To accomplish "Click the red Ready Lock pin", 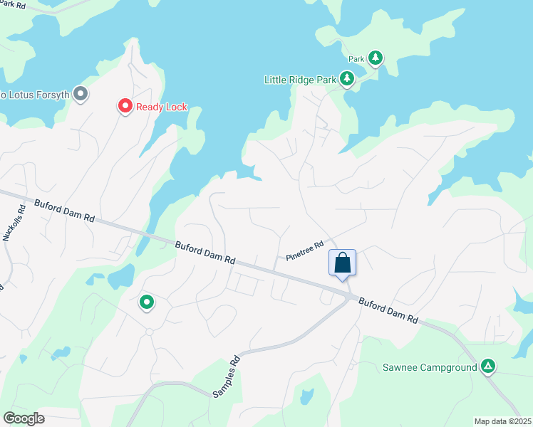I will pyautogui.click(x=125, y=107).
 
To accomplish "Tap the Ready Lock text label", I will pyautogui.click(x=162, y=107).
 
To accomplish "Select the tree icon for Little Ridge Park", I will pyautogui.click(x=347, y=79).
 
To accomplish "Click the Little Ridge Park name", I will pyautogui.click(x=300, y=80).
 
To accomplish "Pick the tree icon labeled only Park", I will pyautogui.click(x=375, y=58).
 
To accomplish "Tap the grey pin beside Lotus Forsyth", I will pyautogui.click(x=81, y=94).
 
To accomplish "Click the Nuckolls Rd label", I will pyautogui.click(x=15, y=223).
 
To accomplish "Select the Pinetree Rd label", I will pyautogui.click(x=305, y=250).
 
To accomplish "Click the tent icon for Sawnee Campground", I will pyautogui.click(x=488, y=367).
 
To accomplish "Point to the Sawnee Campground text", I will pyautogui.click(x=429, y=368).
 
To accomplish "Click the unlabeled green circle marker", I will pyautogui.click(x=147, y=302).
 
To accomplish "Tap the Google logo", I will pyautogui.click(x=24, y=418).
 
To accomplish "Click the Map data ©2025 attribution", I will pyautogui.click(x=502, y=421).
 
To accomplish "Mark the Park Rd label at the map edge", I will pyautogui.click(x=12, y=5).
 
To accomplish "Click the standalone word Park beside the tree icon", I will pyautogui.click(x=356, y=59).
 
